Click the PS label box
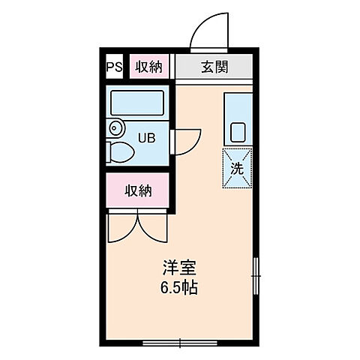pos(114,67)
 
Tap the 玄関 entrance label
pos(215,67)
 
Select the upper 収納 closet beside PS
pos(148,67)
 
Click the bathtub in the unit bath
pos(136,102)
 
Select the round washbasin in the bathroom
pos(115,128)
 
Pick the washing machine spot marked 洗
pos(237,168)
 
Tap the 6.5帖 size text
pos(180,288)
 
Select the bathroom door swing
pos(187,140)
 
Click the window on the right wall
pos(256,276)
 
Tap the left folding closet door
pos(120,227)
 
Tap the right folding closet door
pos(152,227)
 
